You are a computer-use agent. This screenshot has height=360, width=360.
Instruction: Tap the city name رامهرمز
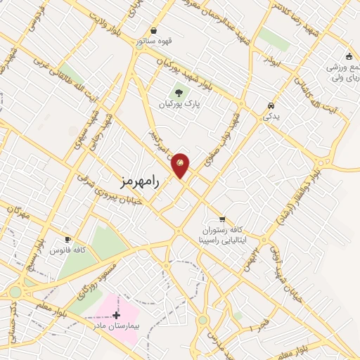(x=141, y=181)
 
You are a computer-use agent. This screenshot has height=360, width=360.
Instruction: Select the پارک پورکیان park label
(x=177, y=105)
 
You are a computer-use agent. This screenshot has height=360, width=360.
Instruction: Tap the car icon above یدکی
(x=271, y=106)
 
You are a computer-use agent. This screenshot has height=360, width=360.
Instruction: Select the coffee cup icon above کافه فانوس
(x=67, y=238)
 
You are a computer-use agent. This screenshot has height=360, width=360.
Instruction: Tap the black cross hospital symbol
(x=116, y=315)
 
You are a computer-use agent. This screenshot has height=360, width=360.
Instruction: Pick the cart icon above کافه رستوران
(x=222, y=219)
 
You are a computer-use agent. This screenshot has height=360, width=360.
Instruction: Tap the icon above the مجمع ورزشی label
(x=349, y=56)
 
